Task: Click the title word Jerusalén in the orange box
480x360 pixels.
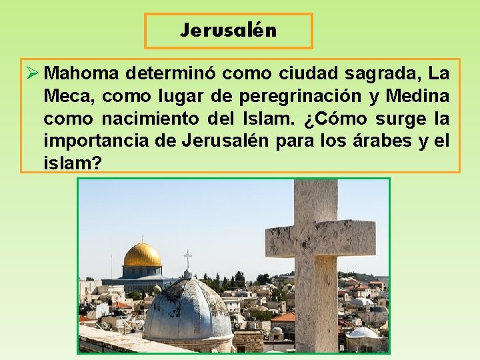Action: pyautogui.click(x=228, y=31)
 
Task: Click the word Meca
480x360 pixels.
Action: pyautogui.click(x=69, y=97)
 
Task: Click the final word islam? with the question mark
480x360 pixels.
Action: pyautogui.click(x=73, y=163)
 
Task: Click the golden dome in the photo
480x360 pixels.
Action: pyautogui.click(x=143, y=255)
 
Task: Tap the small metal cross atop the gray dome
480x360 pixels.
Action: pyautogui.click(x=187, y=259)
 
